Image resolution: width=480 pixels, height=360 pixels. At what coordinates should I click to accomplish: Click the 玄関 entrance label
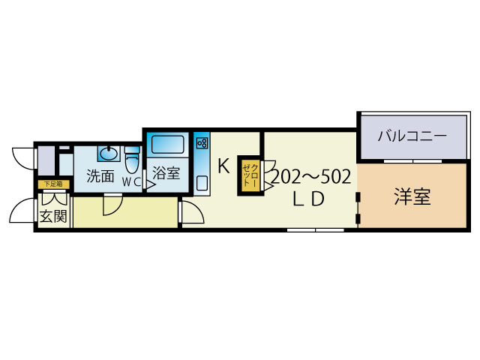tap(53, 217)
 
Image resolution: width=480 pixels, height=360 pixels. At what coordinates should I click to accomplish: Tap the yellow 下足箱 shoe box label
tap(53, 183)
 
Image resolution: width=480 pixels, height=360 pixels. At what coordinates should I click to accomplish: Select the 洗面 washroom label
tap(100, 177)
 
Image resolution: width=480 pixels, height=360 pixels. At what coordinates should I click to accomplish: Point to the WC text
tap(131, 181)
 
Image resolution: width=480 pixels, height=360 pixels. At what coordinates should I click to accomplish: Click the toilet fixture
tap(133, 159)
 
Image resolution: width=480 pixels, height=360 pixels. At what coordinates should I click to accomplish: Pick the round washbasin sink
tap(109, 154)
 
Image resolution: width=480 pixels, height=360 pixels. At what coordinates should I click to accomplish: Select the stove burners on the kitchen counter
tap(202, 142)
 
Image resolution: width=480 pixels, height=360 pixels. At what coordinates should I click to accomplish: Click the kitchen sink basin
tap(202, 181)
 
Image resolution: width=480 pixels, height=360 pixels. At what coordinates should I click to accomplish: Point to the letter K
tap(223, 166)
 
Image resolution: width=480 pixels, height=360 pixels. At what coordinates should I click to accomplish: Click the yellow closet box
tap(249, 175)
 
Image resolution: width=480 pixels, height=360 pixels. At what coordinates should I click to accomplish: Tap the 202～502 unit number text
tap(310, 178)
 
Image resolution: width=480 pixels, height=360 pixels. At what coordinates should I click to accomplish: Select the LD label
tap(307, 199)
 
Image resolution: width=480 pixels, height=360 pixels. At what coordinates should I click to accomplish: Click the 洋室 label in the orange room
tap(412, 197)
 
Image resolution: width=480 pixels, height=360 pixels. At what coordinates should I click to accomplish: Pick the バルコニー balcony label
tap(411, 137)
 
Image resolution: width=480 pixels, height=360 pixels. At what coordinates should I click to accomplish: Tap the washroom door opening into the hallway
tap(112, 202)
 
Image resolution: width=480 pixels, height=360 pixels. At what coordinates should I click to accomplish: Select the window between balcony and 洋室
tap(411, 161)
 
